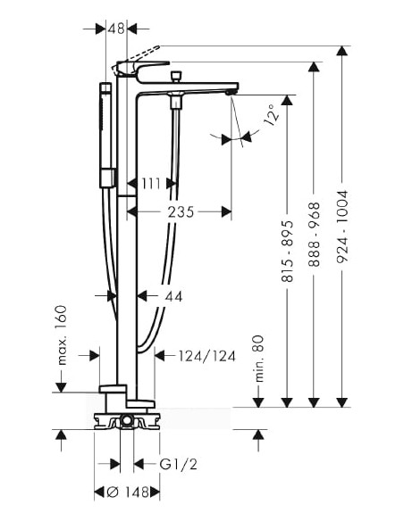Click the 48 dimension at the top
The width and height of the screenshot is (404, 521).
point(116,29)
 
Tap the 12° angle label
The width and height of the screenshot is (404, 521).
point(272,115)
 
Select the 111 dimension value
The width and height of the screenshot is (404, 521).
point(151,184)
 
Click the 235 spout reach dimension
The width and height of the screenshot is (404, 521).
point(181,211)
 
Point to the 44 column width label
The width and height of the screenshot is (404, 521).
point(173,296)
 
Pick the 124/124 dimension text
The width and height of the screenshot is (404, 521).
point(207,356)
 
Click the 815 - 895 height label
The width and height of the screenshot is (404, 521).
point(288,251)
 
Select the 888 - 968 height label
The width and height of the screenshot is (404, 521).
point(314,235)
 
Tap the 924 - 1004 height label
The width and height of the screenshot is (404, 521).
point(341,227)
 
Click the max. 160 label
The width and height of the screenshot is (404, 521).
point(62,335)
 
